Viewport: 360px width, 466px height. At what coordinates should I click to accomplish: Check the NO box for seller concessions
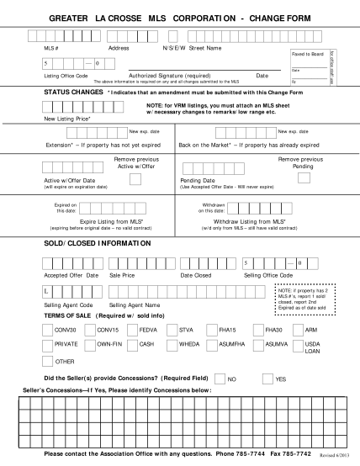pos(220,379)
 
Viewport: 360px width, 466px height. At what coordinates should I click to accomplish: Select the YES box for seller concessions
pos(268,379)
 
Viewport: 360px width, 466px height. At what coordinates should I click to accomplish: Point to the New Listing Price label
pos(66,120)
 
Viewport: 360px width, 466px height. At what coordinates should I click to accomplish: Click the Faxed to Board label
pos(306,54)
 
